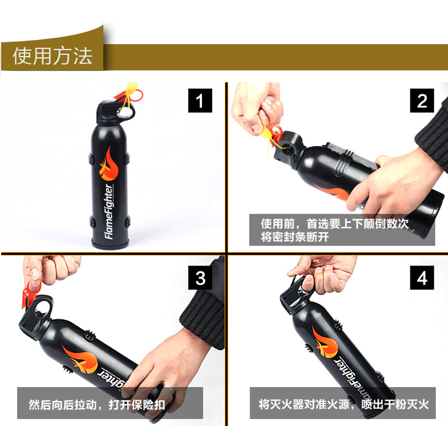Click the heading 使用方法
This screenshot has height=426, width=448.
(x=53, y=56)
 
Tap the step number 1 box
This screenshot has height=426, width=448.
(x=200, y=100)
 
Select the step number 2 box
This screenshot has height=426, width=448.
(x=422, y=100)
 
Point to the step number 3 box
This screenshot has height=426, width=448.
(x=200, y=277)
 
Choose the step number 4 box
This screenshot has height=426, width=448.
(x=422, y=277)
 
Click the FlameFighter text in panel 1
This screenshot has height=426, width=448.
(x=109, y=211)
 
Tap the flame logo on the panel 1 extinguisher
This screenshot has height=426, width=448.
(x=109, y=164)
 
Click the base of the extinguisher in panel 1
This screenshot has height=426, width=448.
(x=110, y=244)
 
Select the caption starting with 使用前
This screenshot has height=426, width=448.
(x=335, y=230)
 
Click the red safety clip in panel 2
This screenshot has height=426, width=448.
(x=275, y=134)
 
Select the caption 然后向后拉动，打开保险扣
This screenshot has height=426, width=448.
(x=97, y=405)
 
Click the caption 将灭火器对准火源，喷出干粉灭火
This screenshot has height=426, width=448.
(x=343, y=405)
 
